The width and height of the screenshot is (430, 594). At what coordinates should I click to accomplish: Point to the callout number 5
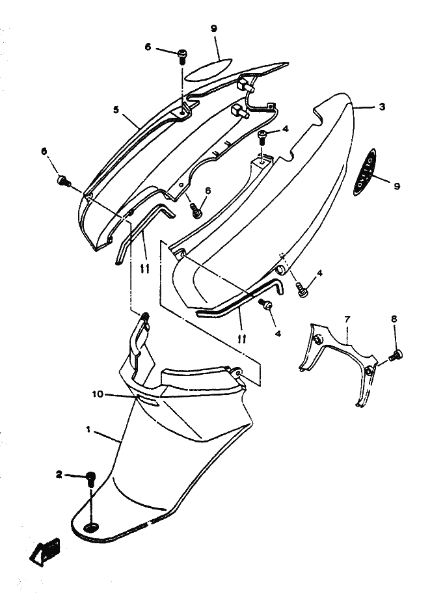pyautogui.click(x=116, y=111)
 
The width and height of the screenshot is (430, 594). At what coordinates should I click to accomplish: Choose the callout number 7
pyautogui.click(x=347, y=319)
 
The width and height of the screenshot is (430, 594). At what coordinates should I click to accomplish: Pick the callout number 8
pyautogui.click(x=394, y=319)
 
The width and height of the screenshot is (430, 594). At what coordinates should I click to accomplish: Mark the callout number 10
pyautogui.click(x=98, y=394)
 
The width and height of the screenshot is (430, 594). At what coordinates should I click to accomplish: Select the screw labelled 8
pyautogui.click(x=396, y=355)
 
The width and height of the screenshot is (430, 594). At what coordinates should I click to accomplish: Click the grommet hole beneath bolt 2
pyautogui.click(x=91, y=525)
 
